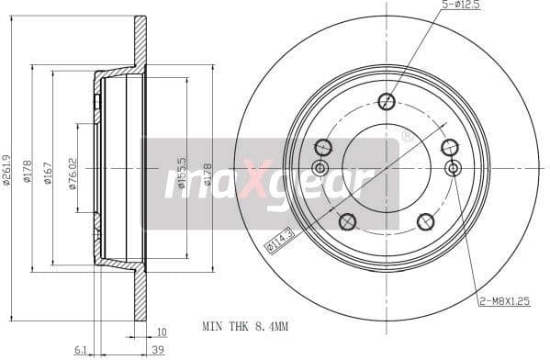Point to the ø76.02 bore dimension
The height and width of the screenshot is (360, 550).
73,172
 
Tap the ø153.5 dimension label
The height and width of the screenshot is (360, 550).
182,171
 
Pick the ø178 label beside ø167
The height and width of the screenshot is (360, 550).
28,170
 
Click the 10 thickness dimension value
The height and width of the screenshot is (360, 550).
161,332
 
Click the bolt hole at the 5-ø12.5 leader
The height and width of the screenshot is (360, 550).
387,102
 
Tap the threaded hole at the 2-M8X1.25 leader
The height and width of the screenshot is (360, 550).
452,168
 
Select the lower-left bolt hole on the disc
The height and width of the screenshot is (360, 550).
347,221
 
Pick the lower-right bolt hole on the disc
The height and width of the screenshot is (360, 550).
425,221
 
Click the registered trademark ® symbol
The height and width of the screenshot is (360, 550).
406,137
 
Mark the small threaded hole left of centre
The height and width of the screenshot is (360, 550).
320,168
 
